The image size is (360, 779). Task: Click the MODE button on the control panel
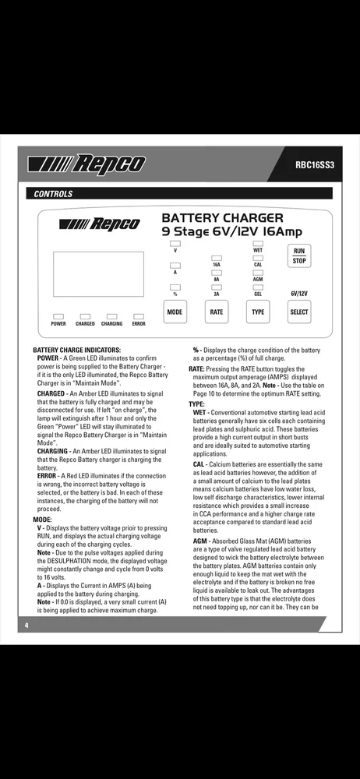tap(175, 312)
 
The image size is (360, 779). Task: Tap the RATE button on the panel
tap(217, 312)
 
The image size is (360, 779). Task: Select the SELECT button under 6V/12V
tap(299, 312)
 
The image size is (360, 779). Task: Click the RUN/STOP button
tap(299, 256)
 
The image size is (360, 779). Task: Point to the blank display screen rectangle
tap(98, 274)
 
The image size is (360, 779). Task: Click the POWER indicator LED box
tap(58, 316)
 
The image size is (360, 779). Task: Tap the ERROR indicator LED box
tap(139, 316)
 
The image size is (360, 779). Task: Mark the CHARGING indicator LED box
tap(112, 316)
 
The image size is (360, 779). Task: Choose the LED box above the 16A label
tap(217, 259)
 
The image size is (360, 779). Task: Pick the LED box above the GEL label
tap(258, 287)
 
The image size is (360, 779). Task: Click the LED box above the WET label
tap(258, 243)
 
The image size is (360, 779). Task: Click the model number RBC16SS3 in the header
tap(315, 164)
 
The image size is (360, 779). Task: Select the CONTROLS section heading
tap(53, 194)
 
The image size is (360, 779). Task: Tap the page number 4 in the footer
tap(26, 625)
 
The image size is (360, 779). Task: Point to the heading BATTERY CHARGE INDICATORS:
tap(76, 351)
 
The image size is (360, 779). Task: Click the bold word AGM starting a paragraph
tap(200, 541)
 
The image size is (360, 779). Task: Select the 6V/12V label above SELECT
tap(299, 294)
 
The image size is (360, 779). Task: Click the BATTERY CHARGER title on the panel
tap(223, 217)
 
